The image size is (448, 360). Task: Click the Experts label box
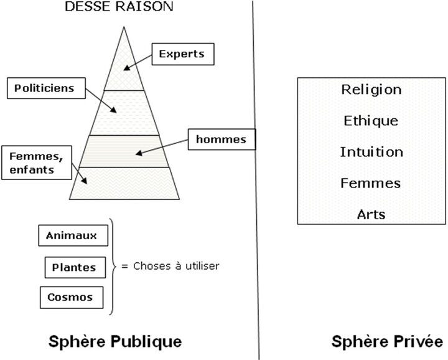[x=183, y=54]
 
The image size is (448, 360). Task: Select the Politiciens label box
[x=46, y=88]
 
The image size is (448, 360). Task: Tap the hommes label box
[x=222, y=140]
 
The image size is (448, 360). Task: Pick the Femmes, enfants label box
[x=37, y=163]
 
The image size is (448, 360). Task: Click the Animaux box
[x=73, y=235]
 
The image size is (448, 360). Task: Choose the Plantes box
[x=75, y=268]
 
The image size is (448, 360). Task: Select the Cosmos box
[x=72, y=297]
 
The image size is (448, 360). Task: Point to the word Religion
[x=371, y=90]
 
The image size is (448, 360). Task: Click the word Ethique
[x=371, y=121]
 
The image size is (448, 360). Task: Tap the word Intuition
[x=371, y=152]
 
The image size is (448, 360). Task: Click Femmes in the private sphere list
[x=371, y=183]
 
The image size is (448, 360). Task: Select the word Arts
[x=371, y=214]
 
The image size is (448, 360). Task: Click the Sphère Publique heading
[x=115, y=342]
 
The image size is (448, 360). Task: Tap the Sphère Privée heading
[x=387, y=341]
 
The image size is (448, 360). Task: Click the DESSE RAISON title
[x=119, y=6]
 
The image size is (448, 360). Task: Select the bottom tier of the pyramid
[x=124, y=183]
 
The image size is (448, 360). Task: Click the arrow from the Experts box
[x=138, y=62]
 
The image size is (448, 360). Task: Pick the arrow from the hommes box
[x=162, y=147]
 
